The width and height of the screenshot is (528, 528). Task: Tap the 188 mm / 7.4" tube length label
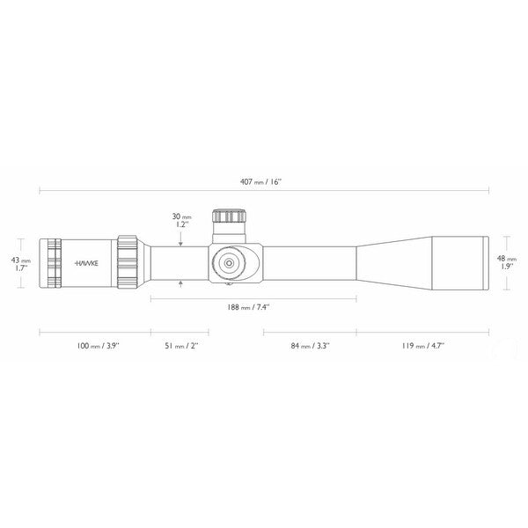[x=248, y=307]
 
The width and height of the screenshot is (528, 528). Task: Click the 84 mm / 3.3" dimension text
[x=310, y=347]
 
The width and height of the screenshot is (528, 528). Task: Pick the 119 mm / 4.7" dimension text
[x=423, y=347]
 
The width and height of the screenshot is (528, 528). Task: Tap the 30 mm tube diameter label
[x=181, y=216]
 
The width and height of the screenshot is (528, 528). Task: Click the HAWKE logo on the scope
[x=86, y=262]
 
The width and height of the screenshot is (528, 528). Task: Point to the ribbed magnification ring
[x=126, y=262]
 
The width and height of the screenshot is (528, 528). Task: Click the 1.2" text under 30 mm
[x=181, y=224]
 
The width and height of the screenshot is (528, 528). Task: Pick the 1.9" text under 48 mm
[x=506, y=267]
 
